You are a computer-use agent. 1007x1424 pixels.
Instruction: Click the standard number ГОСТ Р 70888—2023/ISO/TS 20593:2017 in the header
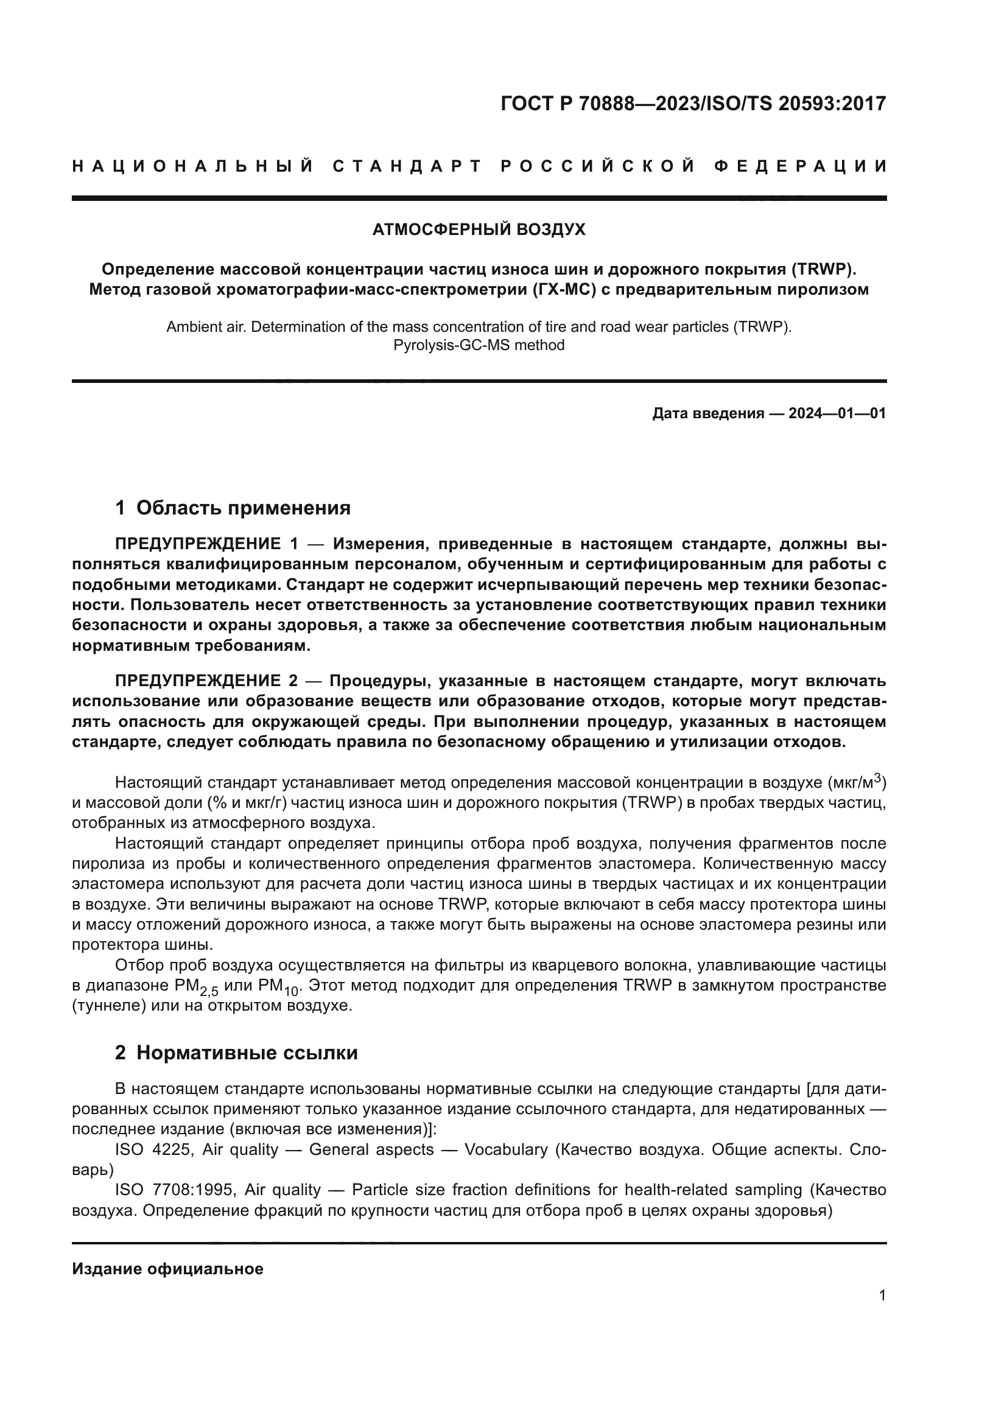tap(693, 103)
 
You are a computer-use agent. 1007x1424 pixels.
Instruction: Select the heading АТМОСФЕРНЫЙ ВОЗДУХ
tap(479, 230)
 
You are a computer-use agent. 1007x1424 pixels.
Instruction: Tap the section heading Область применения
tap(243, 508)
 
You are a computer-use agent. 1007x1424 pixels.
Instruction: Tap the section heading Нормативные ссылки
tap(247, 1053)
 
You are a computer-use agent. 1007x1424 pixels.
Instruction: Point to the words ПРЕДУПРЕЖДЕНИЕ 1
tap(206, 544)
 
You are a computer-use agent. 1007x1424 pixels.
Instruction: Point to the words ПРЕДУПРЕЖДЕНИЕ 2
tap(206, 681)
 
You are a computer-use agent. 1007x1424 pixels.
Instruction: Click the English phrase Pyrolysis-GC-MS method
tap(479, 345)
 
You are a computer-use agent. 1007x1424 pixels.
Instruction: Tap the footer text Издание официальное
tap(167, 1269)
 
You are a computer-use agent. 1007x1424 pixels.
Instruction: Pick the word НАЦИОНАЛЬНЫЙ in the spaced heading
tap(193, 166)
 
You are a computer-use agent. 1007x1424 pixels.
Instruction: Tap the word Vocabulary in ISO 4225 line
tap(506, 1149)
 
